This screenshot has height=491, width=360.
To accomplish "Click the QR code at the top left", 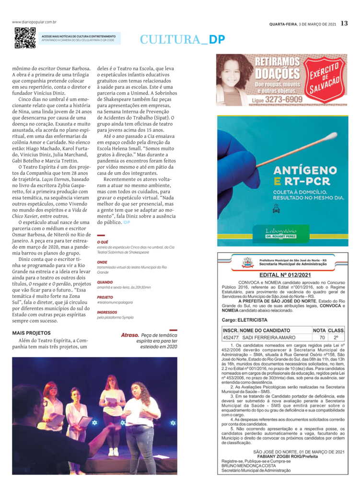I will [x=25, y=38].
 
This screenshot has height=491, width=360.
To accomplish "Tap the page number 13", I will [x=344, y=23].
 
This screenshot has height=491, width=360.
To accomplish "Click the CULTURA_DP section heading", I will [x=182, y=40].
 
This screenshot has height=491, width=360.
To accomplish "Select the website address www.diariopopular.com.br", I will [x=35, y=22].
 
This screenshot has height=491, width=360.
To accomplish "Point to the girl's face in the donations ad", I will [x=231, y=77].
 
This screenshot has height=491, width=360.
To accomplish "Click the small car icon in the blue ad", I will [x=276, y=210].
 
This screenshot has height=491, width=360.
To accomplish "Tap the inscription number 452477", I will [x=230, y=338].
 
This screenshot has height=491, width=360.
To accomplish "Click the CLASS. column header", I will [x=337, y=330].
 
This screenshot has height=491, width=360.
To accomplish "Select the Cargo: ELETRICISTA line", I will [x=244, y=320].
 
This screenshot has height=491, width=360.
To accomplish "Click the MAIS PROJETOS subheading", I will [x=32, y=333].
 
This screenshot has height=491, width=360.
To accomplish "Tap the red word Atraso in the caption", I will [x=130, y=335].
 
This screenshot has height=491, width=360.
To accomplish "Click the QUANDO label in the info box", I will [x=105, y=282].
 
